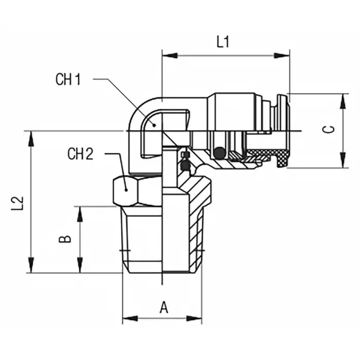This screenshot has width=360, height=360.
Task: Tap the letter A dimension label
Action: tap(164, 308)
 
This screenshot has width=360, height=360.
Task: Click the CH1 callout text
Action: tap(68, 80)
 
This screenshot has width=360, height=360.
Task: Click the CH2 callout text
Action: tap(80, 154)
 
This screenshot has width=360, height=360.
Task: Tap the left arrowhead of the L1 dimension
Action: tap(167, 55)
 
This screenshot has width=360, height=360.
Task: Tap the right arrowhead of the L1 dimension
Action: tap(283, 55)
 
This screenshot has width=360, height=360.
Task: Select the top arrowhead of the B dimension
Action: tap(80, 211)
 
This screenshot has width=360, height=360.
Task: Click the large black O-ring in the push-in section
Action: tap(220, 152)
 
